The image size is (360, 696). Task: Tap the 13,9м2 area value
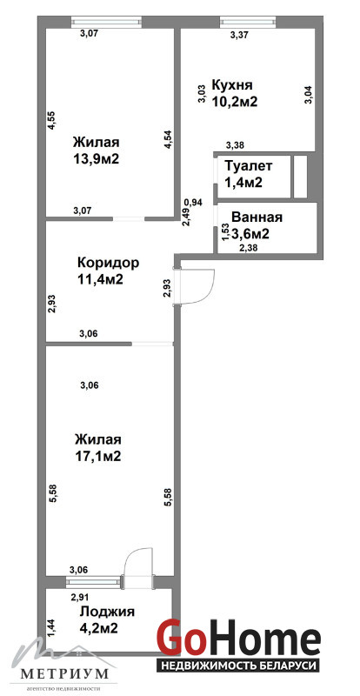coord(96,159)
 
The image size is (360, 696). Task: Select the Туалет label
coord(248,166)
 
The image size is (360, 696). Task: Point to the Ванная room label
coord(257,217)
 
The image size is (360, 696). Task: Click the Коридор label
coord(109,263)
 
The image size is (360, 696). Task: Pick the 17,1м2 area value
coord(97,456)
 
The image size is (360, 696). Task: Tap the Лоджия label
coord(107,612)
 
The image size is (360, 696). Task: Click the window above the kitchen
coord(248,20)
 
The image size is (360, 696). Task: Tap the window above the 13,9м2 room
coord(107,20)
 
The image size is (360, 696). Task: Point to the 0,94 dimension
coord(193,203)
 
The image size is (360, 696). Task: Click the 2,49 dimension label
coord(186,217)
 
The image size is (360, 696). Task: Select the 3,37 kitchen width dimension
coord(239,36)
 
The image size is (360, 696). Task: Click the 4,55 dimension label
coord(51,119)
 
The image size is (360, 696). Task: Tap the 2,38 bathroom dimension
coord(248,248)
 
